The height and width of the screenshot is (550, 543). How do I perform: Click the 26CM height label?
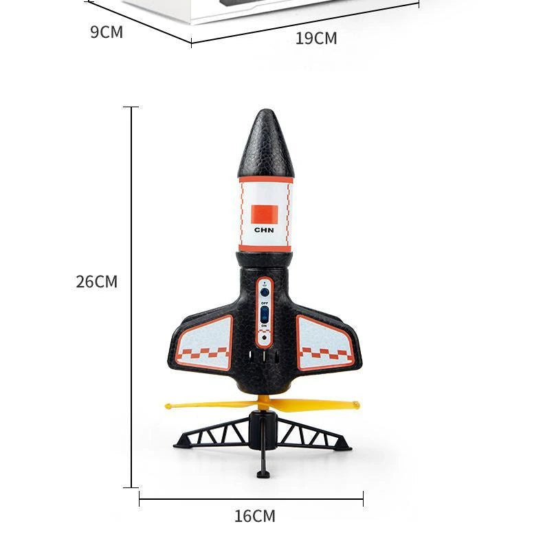(x=97, y=282)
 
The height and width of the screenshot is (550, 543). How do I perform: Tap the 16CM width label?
(x=254, y=516)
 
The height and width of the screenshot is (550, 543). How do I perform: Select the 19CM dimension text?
(x=316, y=38)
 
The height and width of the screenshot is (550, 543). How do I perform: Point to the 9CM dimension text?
(x=107, y=32)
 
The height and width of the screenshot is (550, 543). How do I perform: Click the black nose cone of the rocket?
(x=265, y=144)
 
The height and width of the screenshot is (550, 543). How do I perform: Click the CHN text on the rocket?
(x=264, y=230)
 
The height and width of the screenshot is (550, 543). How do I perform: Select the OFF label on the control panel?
(x=265, y=302)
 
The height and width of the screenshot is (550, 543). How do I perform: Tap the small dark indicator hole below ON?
(x=265, y=338)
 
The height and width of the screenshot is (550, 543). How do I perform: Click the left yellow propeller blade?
(x=206, y=405)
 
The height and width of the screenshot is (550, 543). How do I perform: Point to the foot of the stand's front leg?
(x=263, y=473)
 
